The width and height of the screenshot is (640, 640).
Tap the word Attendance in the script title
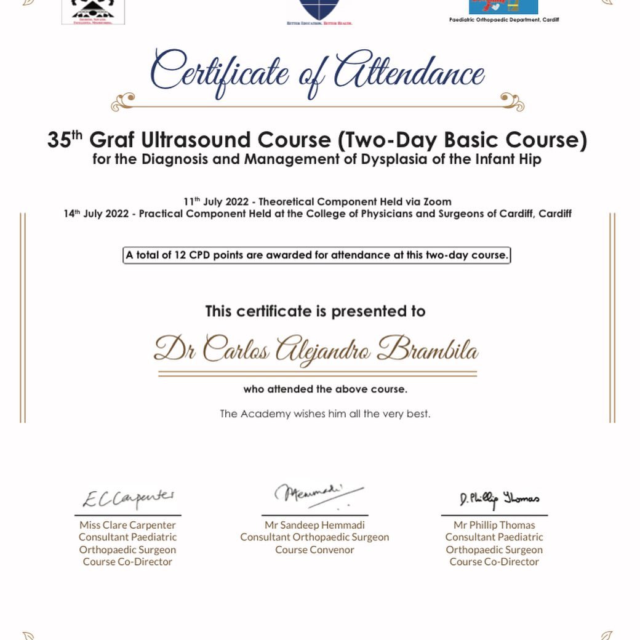pyautogui.click(x=409, y=73)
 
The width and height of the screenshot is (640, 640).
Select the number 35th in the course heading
pyautogui.click(x=65, y=140)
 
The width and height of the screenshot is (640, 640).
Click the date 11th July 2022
pyautogui.click(x=216, y=202)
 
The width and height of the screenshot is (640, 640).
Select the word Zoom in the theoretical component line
pyautogui.click(x=438, y=202)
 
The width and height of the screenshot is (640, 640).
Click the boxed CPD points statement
pyautogui.click(x=317, y=255)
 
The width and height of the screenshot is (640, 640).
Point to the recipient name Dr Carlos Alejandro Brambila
pyautogui.click(x=316, y=350)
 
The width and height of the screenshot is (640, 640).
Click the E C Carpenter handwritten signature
pyautogui.click(x=129, y=498)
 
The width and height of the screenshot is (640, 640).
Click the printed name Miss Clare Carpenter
pyautogui.click(x=127, y=525)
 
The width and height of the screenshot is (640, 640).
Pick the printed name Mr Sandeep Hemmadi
pyautogui.click(x=314, y=525)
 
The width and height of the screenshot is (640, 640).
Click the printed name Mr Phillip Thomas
pyautogui.click(x=494, y=525)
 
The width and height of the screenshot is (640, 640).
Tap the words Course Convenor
pyautogui.click(x=314, y=550)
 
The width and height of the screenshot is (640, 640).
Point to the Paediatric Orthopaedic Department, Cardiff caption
pyautogui.click(x=504, y=20)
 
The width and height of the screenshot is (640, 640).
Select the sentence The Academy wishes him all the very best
pyautogui.click(x=325, y=414)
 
